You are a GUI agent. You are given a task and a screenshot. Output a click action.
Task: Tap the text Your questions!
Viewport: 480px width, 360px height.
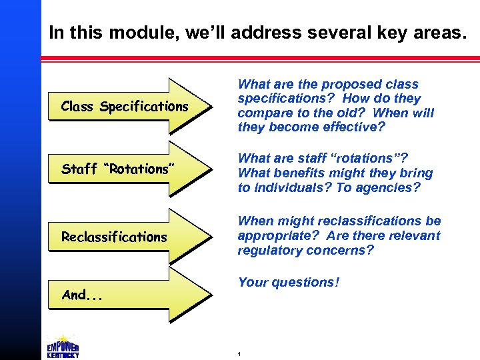(288, 282)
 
